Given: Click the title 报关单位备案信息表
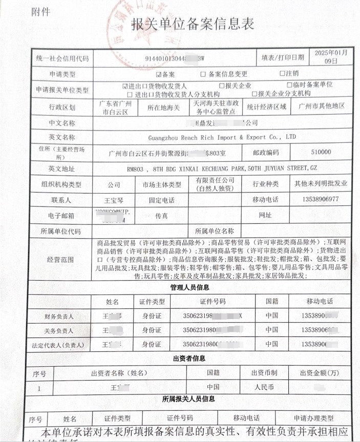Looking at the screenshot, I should pyautogui.click(x=192, y=24).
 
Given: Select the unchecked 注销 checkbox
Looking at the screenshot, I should pyautogui.click(x=282, y=73).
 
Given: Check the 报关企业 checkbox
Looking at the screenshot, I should pyautogui.click(x=222, y=86).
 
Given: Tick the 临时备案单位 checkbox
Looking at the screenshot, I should pyautogui.click(x=290, y=85).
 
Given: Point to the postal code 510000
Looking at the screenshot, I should pyautogui.click(x=321, y=152).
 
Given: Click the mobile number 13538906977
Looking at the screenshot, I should pyautogui.click(x=321, y=199).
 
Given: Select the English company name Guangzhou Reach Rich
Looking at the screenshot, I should pyautogui.click(x=221, y=137).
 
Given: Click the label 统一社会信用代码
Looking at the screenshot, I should pyautogui.click(x=62, y=58).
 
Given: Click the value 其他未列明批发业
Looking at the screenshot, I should pyautogui.click(x=320, y=183).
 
